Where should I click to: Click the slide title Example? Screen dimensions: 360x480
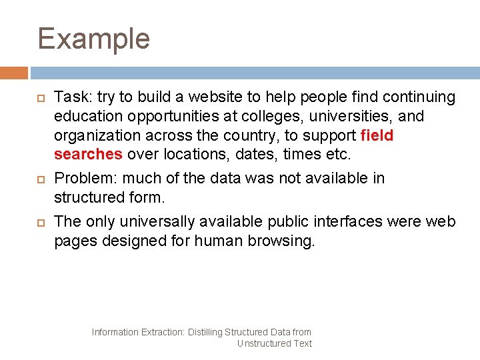coord(93,39)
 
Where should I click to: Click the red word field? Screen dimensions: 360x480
coord(377,136)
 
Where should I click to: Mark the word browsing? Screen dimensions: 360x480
coord(281,240)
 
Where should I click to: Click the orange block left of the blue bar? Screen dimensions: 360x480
coord(14,73)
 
